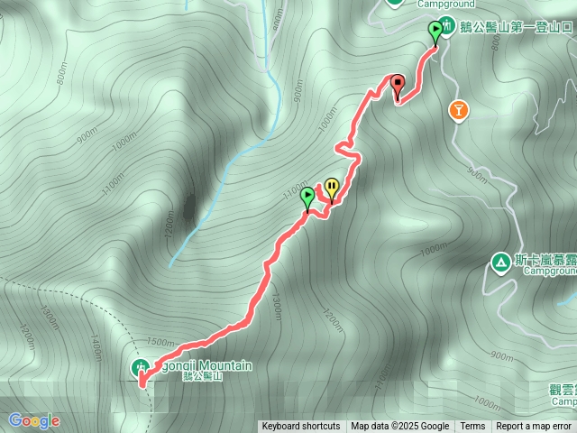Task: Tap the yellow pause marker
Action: tap(332, 187)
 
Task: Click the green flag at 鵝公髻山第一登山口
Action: tap(436, 31)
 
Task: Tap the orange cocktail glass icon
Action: tap(459, 110)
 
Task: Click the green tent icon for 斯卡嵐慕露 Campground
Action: tap(499, 263)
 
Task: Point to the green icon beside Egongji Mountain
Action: tap(140, 367)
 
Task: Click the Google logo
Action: tap(34, 420)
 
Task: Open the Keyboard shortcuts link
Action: tap(301, 427)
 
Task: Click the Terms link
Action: tap(472, 427)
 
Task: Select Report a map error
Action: tap(534, 427)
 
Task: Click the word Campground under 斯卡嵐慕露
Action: tap(551, 271)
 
